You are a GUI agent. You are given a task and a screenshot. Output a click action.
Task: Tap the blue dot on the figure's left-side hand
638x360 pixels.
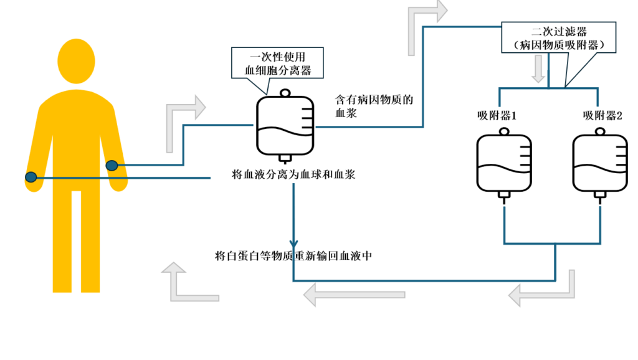click(x=31, y=178)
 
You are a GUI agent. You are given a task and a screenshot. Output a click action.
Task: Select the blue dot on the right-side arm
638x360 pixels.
click(x=112, y=165)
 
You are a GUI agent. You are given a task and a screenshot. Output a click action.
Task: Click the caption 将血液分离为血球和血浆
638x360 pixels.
click(x=293, y=175)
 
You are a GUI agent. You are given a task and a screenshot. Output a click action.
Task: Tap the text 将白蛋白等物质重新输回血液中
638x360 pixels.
click(x=293, y=256)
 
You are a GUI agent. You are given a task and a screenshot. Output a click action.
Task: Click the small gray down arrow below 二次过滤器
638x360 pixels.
click(x=537, y=74)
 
